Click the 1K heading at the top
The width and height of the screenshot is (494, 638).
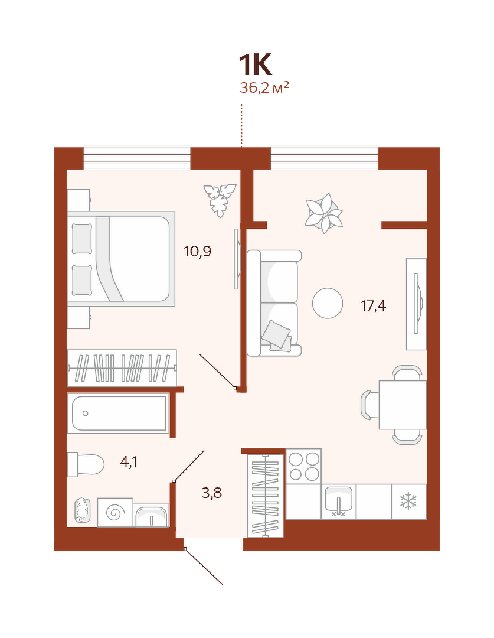coord(254,65)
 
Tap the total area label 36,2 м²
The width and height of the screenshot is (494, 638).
coord(264,87)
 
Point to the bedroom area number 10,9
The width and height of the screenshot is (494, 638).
coord(197,252)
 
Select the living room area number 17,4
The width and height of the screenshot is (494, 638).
coord(373,305)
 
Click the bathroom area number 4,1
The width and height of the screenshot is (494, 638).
coord(129,462)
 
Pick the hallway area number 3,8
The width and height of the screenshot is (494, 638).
coord(212,493)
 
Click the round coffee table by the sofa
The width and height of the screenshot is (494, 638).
coord(328,303)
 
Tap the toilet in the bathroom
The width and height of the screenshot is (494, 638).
coord(86,464)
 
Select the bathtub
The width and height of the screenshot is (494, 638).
coord(119,414)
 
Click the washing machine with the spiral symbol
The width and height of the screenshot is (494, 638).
coord(115,512)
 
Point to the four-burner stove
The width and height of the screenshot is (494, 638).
coord(303,466)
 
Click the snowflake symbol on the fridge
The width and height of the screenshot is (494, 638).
coord(408,502)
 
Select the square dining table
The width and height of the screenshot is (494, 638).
coord(403,405)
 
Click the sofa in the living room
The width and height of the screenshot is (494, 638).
coord(274,303)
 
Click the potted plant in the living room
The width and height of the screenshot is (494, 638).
coord(324,213)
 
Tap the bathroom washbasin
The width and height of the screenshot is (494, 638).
coord(151,516)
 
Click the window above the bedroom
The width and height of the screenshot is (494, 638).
coord(137,158)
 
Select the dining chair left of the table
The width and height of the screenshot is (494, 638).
coord(370,405)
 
